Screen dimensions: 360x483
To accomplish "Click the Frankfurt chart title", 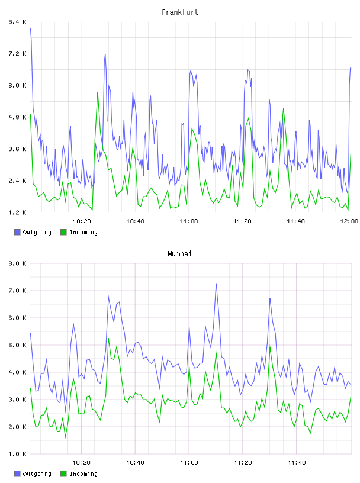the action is tap(180, 12).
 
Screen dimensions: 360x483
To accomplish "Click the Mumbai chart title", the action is tap(179, 254).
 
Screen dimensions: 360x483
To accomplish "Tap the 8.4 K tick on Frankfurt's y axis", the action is tap(17, 22).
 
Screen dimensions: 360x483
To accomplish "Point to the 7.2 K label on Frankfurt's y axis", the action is tap(17, 54).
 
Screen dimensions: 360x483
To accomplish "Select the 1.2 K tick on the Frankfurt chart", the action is tap(17, 212).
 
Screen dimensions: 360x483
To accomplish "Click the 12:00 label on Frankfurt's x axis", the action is tap(349, 221).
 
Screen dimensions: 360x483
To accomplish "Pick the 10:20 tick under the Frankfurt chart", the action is tap(82, 221).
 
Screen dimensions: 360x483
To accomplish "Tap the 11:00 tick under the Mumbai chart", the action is tap(189, 463).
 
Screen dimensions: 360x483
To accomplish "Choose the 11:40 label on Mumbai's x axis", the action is tap(297, 463).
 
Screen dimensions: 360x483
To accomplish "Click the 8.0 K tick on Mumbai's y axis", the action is tap(17, 263).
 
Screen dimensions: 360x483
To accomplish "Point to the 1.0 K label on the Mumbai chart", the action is tap(17, 454).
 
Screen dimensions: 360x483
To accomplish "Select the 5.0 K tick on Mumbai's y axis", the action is tap(17, 345).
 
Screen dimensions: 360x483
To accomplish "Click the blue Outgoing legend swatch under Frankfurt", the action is tap(17, 232).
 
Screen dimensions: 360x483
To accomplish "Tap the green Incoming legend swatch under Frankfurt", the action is tap(63, 232).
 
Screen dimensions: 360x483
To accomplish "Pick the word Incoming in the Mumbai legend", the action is tap(83, 474).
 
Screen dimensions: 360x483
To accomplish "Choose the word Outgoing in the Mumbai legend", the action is tap(37, 474).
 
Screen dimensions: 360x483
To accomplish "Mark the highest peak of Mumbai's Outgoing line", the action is tap(216, 284).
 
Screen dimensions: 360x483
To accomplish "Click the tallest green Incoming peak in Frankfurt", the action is tap(98, 92).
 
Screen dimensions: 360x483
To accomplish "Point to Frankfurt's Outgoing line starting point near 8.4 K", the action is tap(31, 28).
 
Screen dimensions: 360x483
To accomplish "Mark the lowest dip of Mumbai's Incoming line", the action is tap(65, 437).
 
